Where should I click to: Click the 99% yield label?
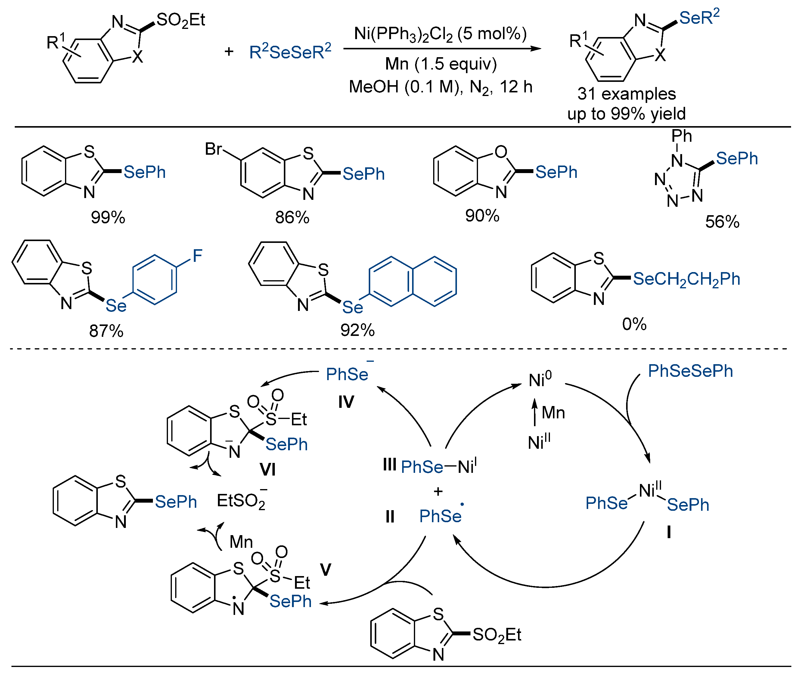coord(108,218)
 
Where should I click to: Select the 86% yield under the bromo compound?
coord(292,218)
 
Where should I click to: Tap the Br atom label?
coord(213,149)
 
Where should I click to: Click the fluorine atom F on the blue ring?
coord(197,256)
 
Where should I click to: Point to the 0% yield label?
coord(634,324)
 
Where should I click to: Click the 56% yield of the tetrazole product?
coord(722,222)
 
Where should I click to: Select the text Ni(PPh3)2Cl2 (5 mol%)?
coord(440,34)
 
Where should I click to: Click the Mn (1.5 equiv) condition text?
coord(441,64)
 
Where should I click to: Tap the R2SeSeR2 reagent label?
coord(290,52)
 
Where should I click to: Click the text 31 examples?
coord(627,94)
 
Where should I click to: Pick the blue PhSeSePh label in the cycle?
coord(690,371)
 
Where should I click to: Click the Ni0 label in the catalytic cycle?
coord(540,380)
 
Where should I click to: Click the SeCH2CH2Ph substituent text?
coord(686,279)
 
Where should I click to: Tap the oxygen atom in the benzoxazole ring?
coord(501,152)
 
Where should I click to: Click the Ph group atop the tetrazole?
coord(681,136)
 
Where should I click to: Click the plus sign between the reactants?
coord(229,51)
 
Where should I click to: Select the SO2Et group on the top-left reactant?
coord(181,20)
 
